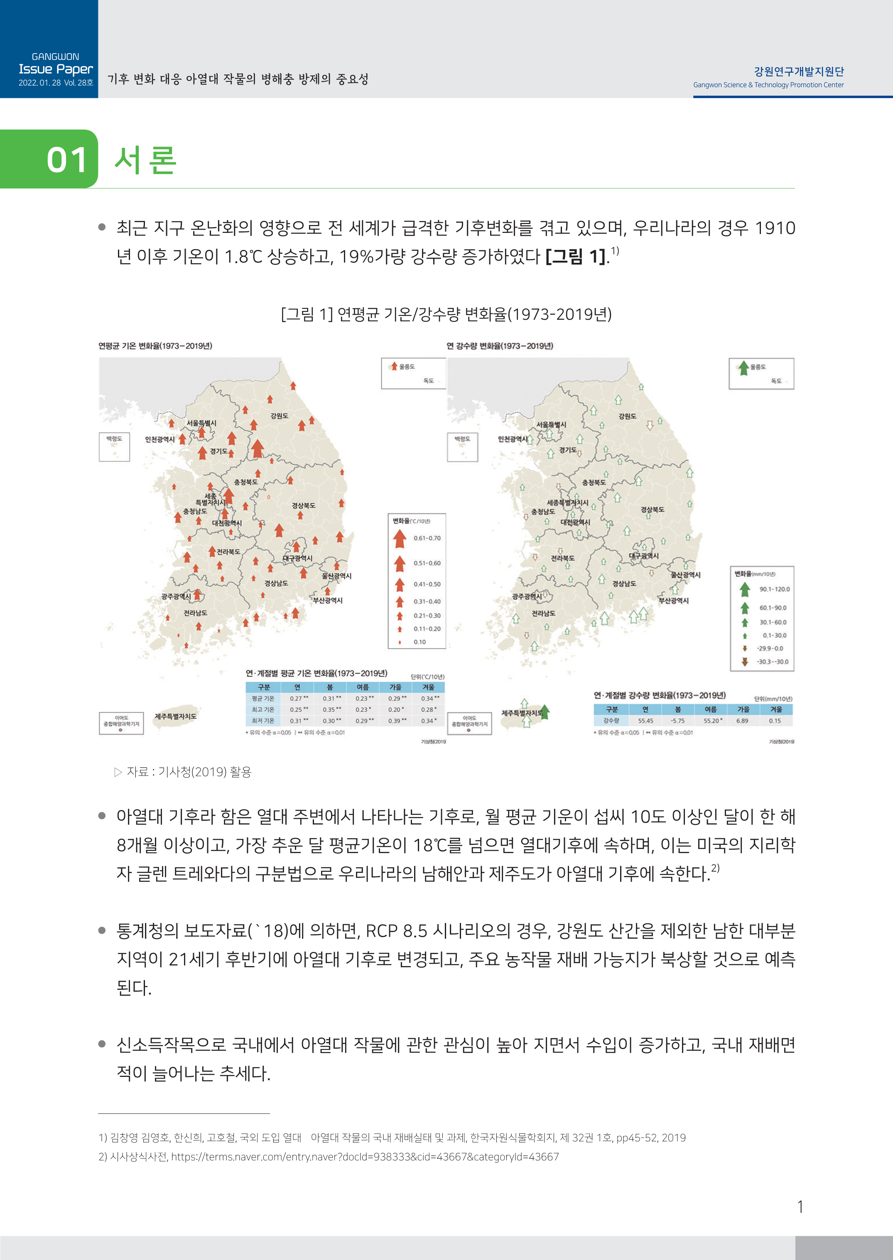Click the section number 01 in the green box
pyautogui.click(x=66, y=160)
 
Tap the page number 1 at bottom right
pyautogui.click(x=800, y=1207)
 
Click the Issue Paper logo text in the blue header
pyautogui.click(x=56, y=69)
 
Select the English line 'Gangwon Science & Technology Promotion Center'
pyautogui.click(x=768, y=85)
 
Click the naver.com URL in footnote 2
pyautogui.click(x=365, y=1157)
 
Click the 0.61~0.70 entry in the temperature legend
pyautogui.click(x=427, y=538)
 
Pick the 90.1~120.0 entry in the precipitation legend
pyautogui.click(x=774, y=589)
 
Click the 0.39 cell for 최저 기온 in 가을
pyautogui.click(x=395, y=720)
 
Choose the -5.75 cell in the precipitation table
pyautogui.click(x=677, y=720)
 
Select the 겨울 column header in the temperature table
pyautogui.click(x=428, y=687)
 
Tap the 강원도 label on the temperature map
pyautogui.click(x=280, y=416)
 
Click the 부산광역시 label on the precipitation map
pyautogui.click(x=674, y=601)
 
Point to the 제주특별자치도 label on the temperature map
pyautogui.click(x=175, y=716)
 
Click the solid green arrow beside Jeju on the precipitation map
pyautogui.click(x=545, y=712)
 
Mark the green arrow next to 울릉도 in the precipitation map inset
pyautogui.click(x=743, y=367)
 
